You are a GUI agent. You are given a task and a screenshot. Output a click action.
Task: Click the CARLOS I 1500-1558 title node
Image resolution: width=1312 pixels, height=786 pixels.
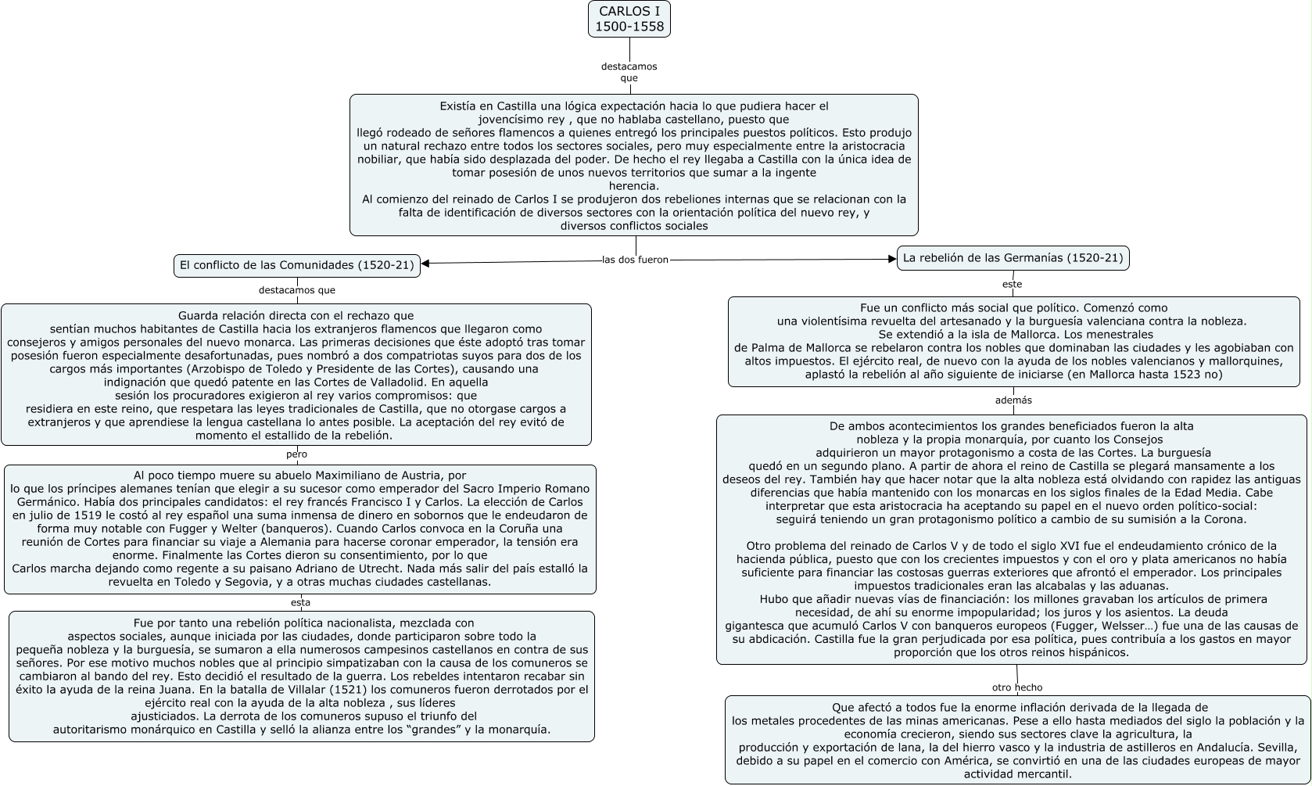pyautogui.click(x=629, y=19)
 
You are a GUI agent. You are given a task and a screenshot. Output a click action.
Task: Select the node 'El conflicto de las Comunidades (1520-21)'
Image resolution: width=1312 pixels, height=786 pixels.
pyautogui.click(x=296, y=265)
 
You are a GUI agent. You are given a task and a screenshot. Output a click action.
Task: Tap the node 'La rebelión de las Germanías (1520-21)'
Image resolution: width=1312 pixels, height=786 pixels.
pyautogui.click(x=1013, y=257)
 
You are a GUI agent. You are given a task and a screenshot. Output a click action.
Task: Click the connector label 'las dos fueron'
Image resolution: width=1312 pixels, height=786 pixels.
pyautogui.click(x=635, y=260)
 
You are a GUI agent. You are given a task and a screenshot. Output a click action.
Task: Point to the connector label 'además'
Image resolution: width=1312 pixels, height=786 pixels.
pyautogui.click(x=1013, y=400)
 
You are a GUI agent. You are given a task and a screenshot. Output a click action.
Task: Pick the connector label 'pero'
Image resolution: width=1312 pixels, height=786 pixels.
pyautogui.click(x=296, y=454)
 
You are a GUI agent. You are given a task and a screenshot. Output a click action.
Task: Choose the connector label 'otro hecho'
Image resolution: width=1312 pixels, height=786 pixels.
pyautogui.click(x=1017, y=687)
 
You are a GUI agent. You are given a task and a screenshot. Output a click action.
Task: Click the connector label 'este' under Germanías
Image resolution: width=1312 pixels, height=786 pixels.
pyautogui.click(x=1012, y=284)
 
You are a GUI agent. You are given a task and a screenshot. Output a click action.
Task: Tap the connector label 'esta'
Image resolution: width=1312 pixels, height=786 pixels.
pyautogui.click(x=300, y=602)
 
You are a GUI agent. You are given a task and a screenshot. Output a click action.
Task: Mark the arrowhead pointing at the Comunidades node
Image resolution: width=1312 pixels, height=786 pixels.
pyautogui.click(x=425, y=263)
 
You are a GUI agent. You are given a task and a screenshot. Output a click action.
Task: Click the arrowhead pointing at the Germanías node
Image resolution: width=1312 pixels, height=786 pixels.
pyautogui.click(x=892, y=259)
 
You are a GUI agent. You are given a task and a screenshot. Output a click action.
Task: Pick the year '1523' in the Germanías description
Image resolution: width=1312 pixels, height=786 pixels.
pyautogui.click(x=1188, y=375)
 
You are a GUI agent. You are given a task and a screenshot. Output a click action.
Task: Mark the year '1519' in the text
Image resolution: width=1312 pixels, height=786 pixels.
pyautogui.click(x=86, y=515)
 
